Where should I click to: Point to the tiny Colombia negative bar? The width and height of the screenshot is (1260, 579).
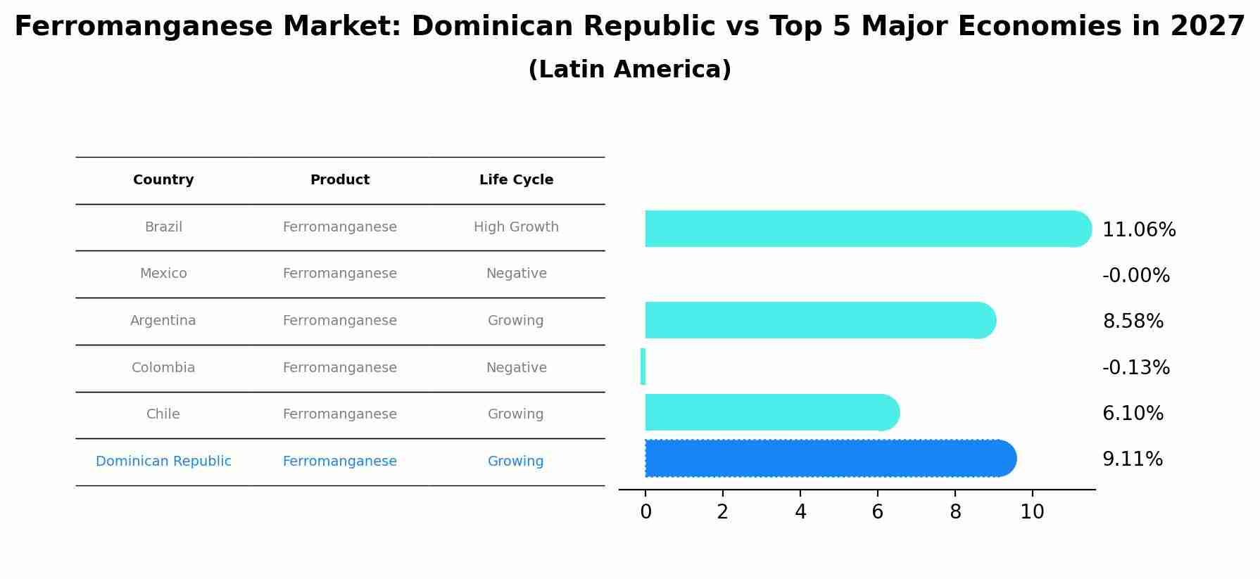coord(643,367)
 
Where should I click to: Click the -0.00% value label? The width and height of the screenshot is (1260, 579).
coord(1135,276)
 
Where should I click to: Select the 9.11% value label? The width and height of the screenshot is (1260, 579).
coord(1132,459)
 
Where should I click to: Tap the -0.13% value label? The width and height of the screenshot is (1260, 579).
coord(1135,368)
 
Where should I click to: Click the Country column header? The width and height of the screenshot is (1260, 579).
coord(163,180)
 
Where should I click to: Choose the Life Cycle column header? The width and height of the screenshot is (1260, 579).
coord(516,180)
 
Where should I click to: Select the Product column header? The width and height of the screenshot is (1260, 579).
coord(339,180)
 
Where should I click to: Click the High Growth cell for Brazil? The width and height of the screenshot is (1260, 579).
coord(516,227)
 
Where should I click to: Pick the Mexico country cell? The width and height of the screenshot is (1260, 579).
coord(163,274)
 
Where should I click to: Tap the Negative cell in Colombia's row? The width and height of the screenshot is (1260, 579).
coord(516,368)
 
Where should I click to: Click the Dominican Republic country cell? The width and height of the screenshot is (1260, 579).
coord(163,462)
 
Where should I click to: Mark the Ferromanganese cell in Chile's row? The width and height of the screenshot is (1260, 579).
coord(339,414)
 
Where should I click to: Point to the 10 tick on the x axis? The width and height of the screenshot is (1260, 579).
coord(1032,512)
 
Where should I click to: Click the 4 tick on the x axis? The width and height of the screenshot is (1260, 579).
coord(800,512)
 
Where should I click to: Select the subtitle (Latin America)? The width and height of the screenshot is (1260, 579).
coord(629,70)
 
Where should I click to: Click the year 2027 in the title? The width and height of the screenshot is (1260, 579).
coord(1207,27)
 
